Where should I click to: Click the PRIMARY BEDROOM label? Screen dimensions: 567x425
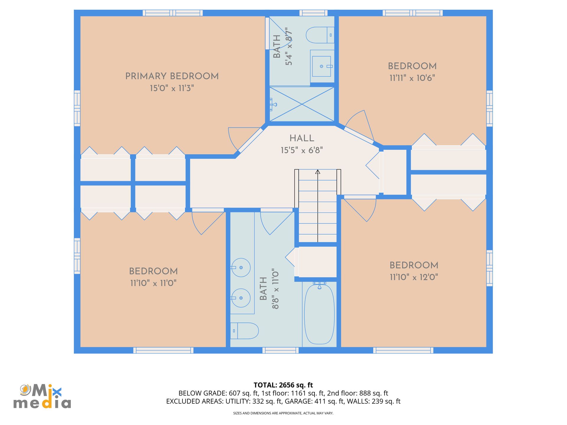172,76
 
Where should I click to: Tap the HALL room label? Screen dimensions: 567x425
302,138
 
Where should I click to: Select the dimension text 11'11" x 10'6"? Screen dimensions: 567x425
412,78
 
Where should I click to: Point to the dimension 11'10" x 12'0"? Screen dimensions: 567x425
414,277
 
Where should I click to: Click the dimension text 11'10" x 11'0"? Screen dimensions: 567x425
153,283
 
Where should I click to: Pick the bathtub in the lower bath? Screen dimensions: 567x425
319,314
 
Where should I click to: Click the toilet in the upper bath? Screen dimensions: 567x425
320,35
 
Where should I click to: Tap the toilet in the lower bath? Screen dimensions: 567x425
245,331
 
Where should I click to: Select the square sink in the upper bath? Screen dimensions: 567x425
322,66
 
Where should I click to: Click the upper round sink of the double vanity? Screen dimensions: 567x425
241,267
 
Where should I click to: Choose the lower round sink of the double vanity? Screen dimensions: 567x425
241,298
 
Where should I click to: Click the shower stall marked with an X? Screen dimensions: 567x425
302,104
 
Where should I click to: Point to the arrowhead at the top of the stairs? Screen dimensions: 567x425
317,171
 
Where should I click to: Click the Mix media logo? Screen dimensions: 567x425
42,396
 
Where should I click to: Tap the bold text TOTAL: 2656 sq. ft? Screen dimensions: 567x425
283,385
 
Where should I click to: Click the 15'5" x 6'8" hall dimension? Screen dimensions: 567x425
302,150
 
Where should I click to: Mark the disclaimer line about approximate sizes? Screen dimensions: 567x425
283,413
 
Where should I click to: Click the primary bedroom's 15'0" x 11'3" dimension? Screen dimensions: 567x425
172,88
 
